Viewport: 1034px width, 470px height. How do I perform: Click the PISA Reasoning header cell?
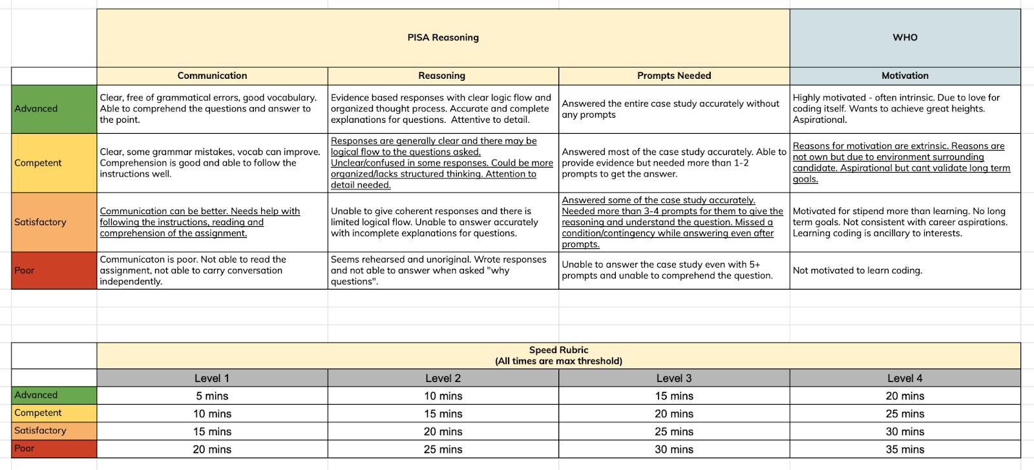[x=443, y=37]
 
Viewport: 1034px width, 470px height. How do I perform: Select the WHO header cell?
[x=905, y=37]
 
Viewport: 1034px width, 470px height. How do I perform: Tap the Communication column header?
[x=212, y=76]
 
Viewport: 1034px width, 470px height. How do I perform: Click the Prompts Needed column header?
[x=674, y=76]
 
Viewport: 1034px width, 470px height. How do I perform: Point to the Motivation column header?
[x=905, y=76]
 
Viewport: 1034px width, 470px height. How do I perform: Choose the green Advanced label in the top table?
[x=54, y=109]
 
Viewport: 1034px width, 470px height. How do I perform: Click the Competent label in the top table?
[x=54, y=163]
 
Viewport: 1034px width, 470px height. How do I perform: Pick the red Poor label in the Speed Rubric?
[x=54, y=449]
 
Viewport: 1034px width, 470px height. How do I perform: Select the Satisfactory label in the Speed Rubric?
[x=54, y=431]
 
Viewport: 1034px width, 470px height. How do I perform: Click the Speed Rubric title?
[x=558, y=356]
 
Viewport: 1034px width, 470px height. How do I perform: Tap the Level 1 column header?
[x=212, y=378]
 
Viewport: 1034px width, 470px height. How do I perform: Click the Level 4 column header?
[x=905, y=378]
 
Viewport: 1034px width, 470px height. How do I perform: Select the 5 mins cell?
[x=212, y=396]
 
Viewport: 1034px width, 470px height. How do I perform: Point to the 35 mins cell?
[x=905, y=449]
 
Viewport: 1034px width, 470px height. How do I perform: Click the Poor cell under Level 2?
[x=443, y=449]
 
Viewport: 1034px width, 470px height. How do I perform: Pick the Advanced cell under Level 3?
[x=674, y=396]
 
